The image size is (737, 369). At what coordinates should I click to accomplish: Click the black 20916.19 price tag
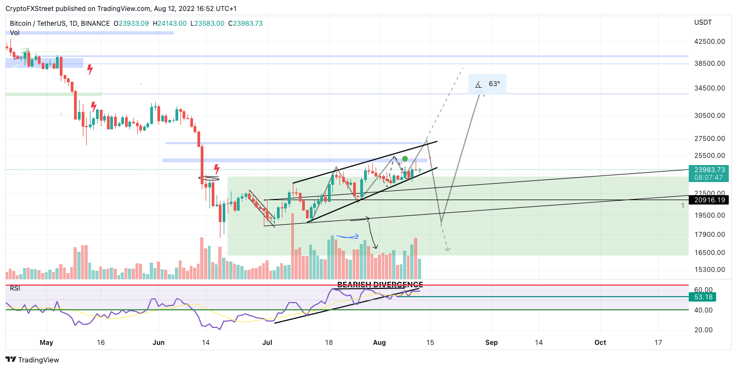709,200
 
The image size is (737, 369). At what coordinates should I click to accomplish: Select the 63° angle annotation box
487,84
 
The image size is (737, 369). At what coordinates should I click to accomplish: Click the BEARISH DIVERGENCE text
379,285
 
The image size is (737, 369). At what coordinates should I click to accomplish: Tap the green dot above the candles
405,159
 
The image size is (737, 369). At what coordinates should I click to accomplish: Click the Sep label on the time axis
491,343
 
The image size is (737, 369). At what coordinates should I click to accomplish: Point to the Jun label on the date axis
158,343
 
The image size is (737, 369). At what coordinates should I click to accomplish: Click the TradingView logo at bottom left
32,360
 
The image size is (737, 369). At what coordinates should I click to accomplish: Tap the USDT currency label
702,22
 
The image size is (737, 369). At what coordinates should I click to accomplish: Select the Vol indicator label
15,33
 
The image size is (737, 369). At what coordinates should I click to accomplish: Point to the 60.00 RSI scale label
704,289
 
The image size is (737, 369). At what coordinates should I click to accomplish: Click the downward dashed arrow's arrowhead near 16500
448,250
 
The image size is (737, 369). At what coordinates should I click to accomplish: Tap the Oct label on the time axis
600,343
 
